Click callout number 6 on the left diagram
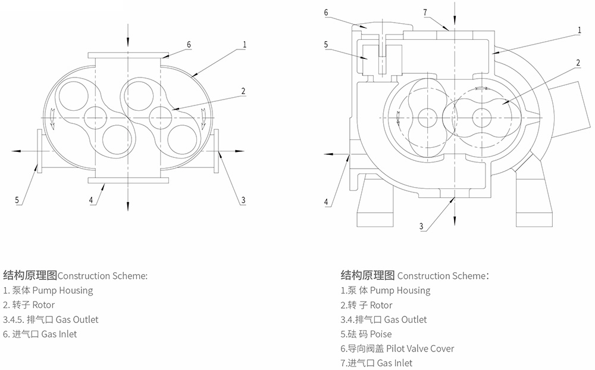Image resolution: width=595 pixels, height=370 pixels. pos(189,44)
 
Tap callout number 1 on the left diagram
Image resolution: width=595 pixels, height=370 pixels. pos(245,44)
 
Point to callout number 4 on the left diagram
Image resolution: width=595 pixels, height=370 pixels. pos(91,200)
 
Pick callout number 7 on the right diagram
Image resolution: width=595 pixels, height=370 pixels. pos(425,12)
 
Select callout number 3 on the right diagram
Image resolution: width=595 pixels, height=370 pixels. pos(421,226)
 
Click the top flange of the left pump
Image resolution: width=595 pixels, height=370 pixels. pos(127,55)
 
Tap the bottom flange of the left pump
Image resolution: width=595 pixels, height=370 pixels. pos(127,179)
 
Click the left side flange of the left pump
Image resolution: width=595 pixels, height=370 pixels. pos(39,151)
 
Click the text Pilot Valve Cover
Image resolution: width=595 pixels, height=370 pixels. pos(420,349)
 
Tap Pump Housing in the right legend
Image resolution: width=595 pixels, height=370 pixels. pos(400,291)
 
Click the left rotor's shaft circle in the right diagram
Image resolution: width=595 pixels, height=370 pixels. pos(427,118)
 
